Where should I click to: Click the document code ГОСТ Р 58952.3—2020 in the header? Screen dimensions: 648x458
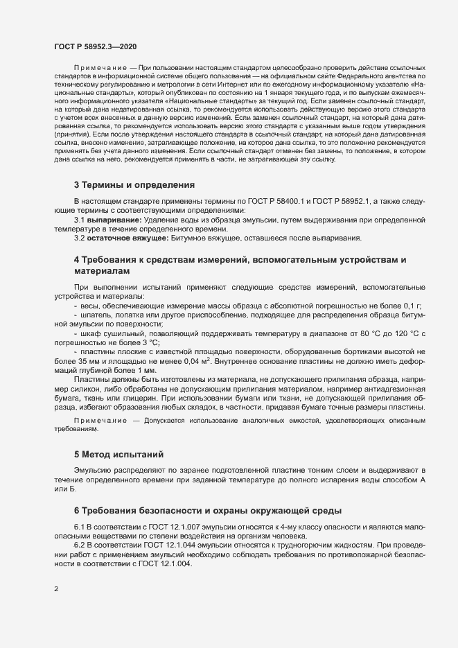(95, 46)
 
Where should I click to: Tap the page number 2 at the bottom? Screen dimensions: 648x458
(56, 589)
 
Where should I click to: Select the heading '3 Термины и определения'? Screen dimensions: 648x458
(134, 185)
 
